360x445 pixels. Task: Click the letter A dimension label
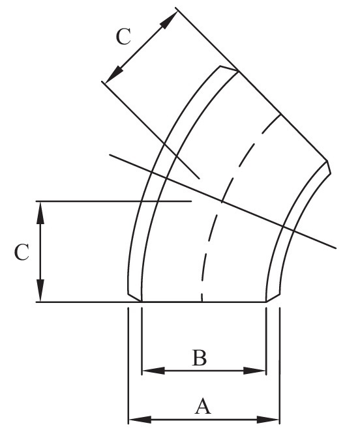click(x=203, y=406)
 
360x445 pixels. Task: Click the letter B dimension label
click(x=199, y=358)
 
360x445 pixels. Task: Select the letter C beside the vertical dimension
click(x=22, y=252)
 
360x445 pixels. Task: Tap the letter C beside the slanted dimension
click(x=124, y=36)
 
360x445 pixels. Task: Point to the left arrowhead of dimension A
click(x=140, y=420)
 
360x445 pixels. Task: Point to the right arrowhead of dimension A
click(x=268, y=420)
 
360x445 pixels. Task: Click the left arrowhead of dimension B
click(x=153, y=371)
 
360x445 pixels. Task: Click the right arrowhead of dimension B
click(x=255, y=371)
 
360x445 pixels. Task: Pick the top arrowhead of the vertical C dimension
click(x=40, y=213)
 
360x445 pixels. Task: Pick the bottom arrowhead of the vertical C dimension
click(x=40, y=291)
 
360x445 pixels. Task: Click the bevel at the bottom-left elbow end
click(x=134, y=297)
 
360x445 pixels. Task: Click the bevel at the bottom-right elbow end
click(x=273, y=298)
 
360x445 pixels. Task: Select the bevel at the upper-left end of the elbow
click(x=229, y=68)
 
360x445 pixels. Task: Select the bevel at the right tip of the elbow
click(x=329, y=167)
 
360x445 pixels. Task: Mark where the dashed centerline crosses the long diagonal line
click(x=222, y=202)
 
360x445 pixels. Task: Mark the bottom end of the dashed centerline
click(x=202, y=302)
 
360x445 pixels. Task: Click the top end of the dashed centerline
click(x=280, y=115)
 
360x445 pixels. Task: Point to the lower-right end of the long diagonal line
click(x=336, y=248)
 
